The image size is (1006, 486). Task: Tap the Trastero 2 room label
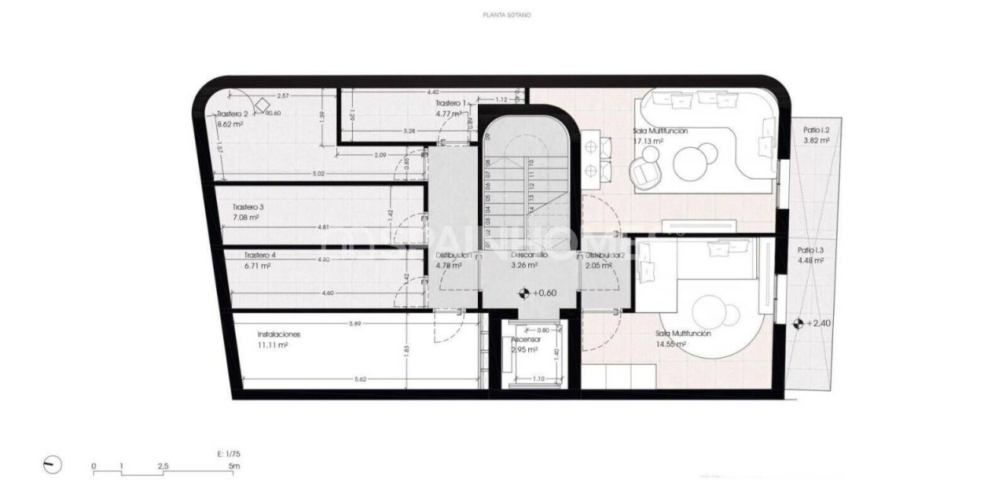pyautogui.click(x=232, y=114)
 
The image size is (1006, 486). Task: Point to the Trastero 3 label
pyautogui.click(x=248, y=207)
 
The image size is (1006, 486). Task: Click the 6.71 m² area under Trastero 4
pyautogui.click(x=256, y=266)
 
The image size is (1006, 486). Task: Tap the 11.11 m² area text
pyautogui.click(x=273, y=344)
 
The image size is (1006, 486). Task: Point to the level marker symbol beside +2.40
pyautogui.click(x=799, y=323)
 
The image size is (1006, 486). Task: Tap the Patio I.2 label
pyautogui.click(x=817, y=130)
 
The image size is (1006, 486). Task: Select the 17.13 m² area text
pyautogui.click(x=649, y=142)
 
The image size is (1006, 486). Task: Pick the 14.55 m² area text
pyautogui.click(x=671, y=344)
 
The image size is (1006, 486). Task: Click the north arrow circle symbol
pyautogui.click(x=53, y=465)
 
